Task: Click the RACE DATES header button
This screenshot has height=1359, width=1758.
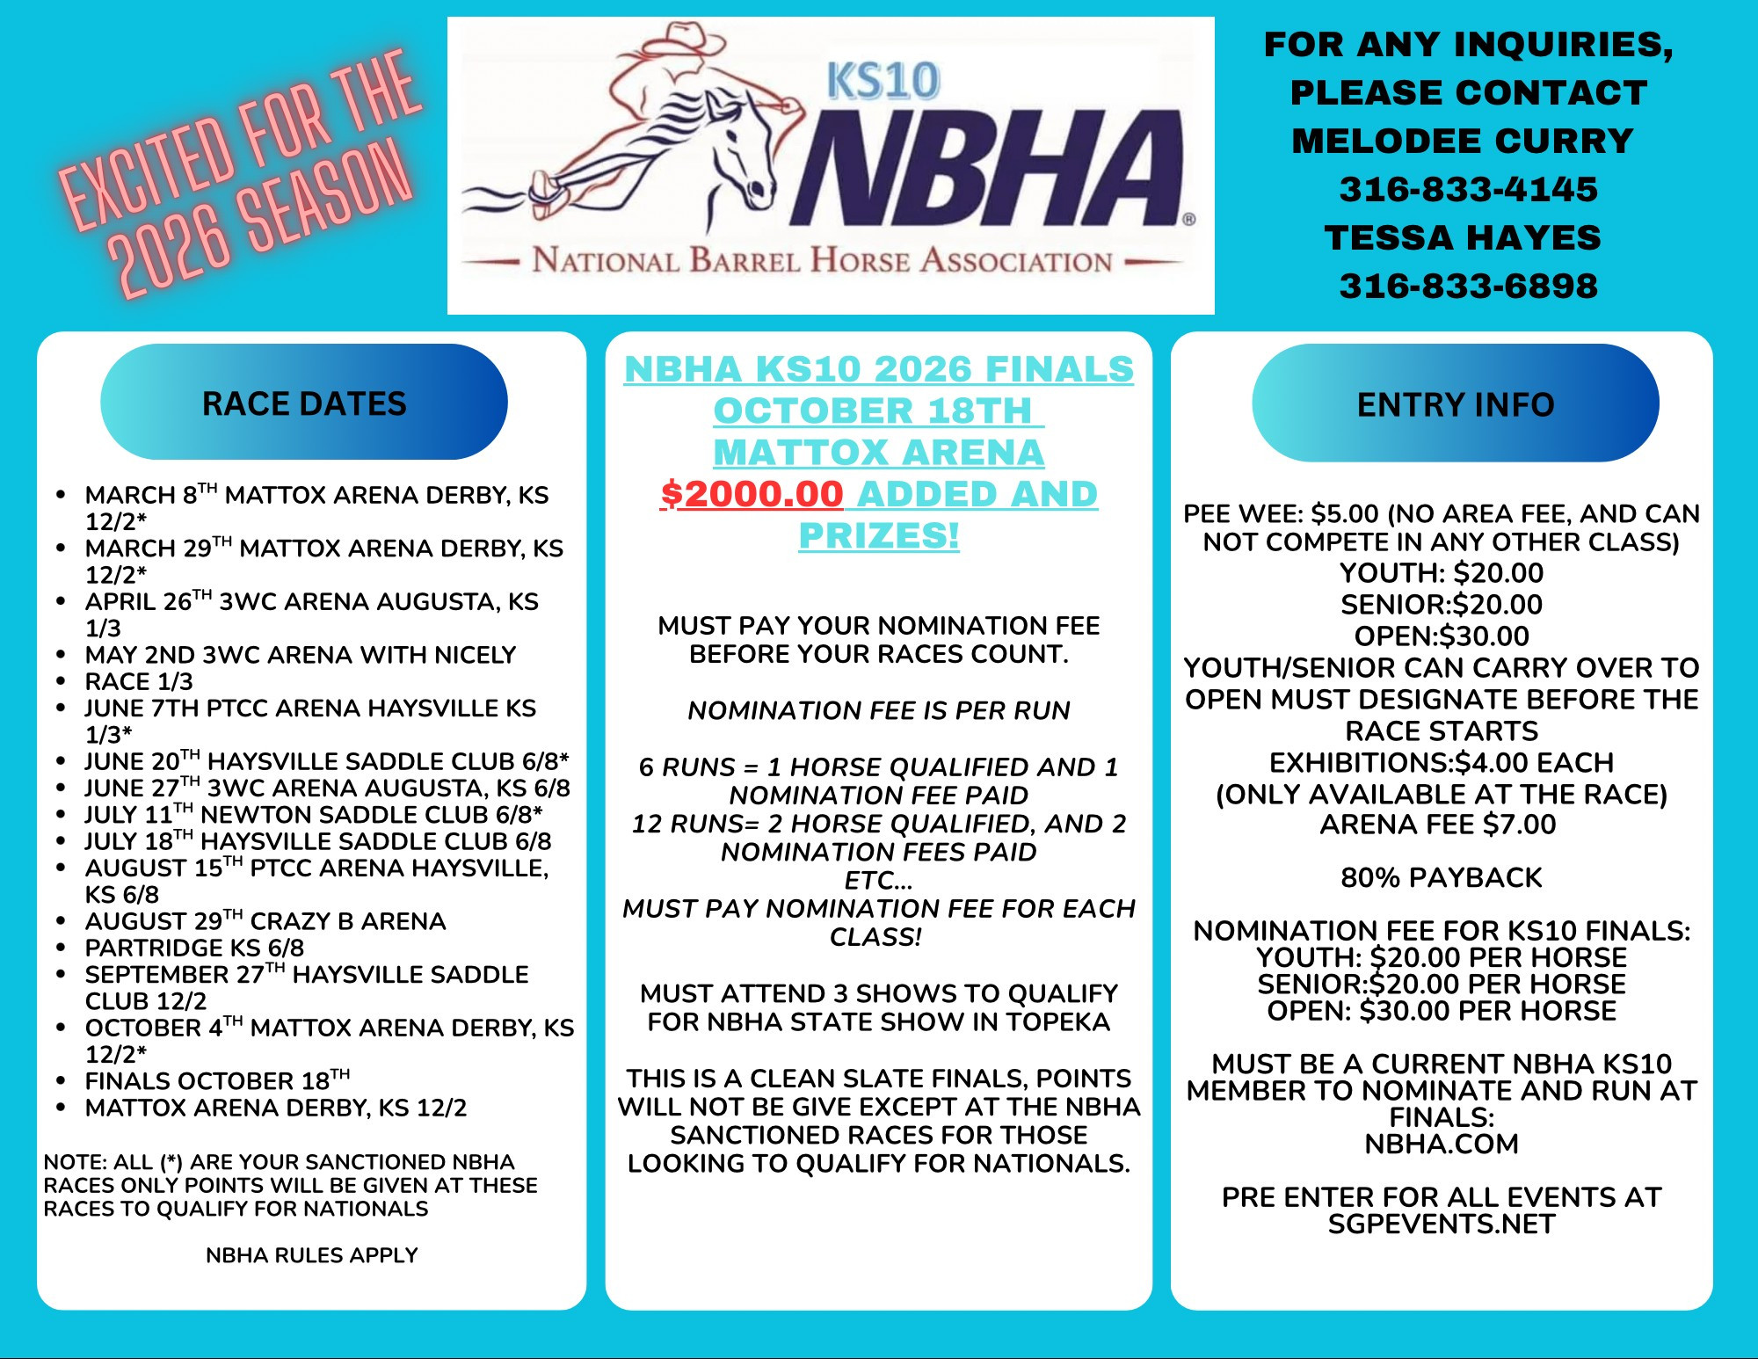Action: pyautogui.click(x=304, y=403)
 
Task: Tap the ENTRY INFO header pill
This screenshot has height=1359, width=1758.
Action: pyautogui.click(x=1455, y=404)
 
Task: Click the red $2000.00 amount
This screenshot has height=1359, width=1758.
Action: pyautogui.click(x=752, y=494)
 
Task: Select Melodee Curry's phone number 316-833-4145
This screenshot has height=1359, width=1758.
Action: pyautogui.click(x=1468, y=189)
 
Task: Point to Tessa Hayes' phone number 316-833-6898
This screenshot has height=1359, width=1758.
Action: pyautogui.click(x=1468, y=286)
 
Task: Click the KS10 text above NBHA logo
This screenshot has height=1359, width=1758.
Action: pyautogui.click(x=883, y=81)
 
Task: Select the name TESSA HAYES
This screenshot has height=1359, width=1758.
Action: pyautogui.click(x=1463, y=237)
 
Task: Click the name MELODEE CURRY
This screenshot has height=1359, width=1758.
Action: pyautogui.click(x=1463, y=141)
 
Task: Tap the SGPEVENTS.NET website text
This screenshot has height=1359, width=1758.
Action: pyautogui.click(x=1442, y=1225)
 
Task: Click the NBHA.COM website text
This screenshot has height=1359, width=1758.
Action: pyautogui.click(x=1442, y=1145)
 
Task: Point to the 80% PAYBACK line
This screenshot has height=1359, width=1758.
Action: pyautogui.click(x=1442, y=877)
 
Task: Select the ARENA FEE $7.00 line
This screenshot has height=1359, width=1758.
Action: pyautogui.click(x=1438, y=825)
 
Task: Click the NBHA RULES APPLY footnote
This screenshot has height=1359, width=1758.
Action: pyautogui.click(x=311, y=1255)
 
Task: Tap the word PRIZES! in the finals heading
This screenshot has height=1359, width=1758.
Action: pyautogui.click(x=879, y=535)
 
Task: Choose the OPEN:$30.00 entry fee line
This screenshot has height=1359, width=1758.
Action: pyautogui.click(x=1442, y=636)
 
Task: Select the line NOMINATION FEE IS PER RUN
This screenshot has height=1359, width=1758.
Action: pyautogui.click(x=879, y=710)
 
